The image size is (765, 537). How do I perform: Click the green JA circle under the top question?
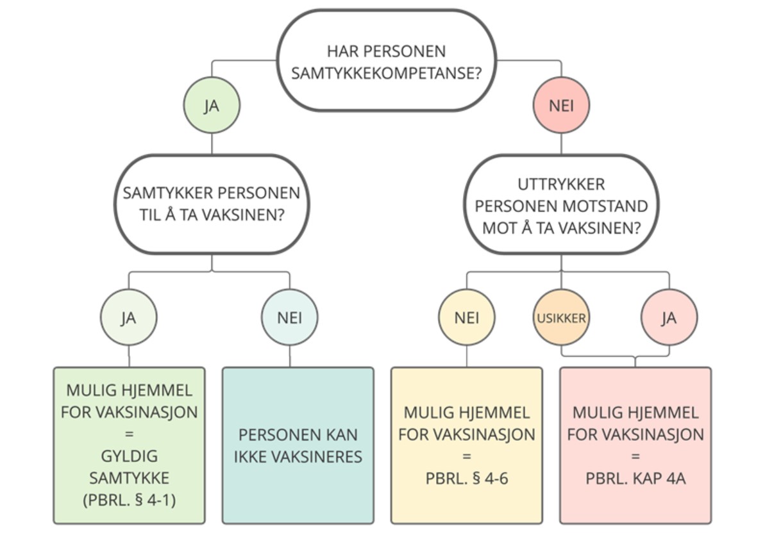click(x=212, y=106)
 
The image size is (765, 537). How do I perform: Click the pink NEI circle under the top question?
click(x=561, y=106)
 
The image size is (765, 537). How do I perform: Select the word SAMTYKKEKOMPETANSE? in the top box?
click(x=386, y=72)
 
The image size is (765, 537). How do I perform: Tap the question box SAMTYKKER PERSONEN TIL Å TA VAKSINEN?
click(x=212, y=204)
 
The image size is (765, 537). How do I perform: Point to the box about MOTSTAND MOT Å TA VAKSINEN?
click(x=561, y=205)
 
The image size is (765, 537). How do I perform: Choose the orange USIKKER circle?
click(x=561, y=317)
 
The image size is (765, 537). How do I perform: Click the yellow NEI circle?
click(x=466, y=317)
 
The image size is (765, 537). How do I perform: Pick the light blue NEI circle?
click(x=289, y=317)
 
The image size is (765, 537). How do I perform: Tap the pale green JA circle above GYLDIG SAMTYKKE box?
click(x=129, y=317)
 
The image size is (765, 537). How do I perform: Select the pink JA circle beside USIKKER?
click(x=669, y=317)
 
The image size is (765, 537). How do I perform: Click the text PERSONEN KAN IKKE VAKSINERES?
click(x=298, y=445)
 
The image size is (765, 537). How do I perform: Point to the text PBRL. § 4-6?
click(x=466, y=478)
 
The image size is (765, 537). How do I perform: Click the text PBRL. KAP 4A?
click(x=635, y=478)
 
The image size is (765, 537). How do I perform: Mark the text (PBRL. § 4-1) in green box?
click(x=129, y=500)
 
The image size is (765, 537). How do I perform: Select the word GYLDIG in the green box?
click(x=129, y=456)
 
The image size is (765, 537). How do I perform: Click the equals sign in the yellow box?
click(x=466, y=456)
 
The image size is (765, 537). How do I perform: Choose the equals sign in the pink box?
click(x=635, y=456)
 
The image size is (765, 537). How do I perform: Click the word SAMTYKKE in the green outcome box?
click(x=129, y=478)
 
